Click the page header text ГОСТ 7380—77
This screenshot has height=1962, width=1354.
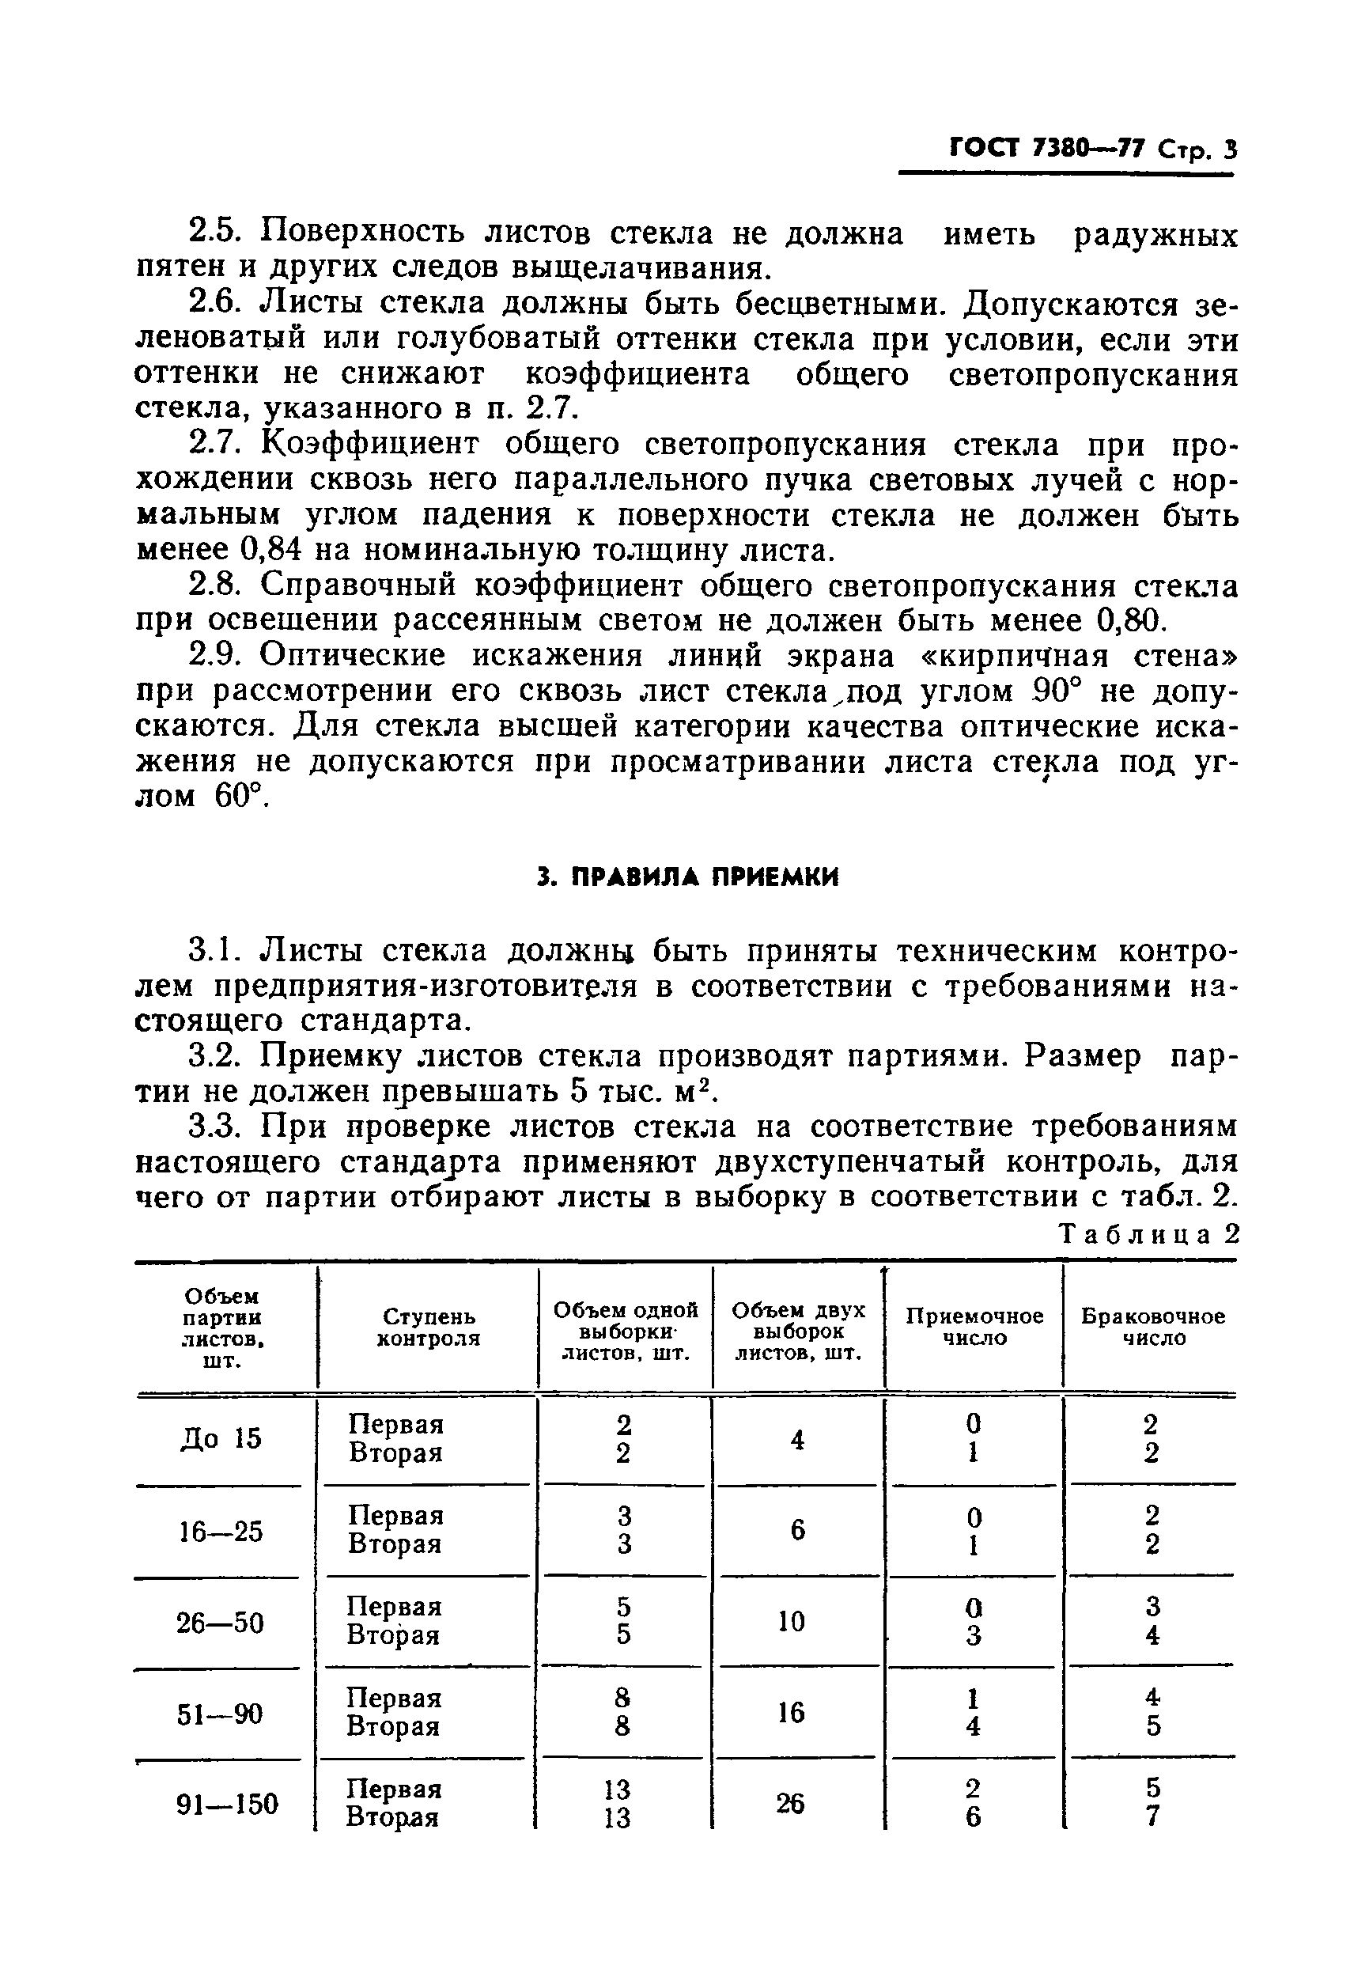pyautogui.click(x=1046, y=150)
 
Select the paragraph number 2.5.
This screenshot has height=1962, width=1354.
pyautogui.click(x=214, y=233)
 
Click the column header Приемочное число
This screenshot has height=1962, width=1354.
pyautogui.click(x=974, y=1328)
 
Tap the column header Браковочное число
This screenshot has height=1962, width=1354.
pyautogui.click(x=1152, y=1328)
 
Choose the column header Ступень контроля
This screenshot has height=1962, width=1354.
pyautogui.click(x=429, y=1328)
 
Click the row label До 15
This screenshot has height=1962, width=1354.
pyautogui.click(x=221, y=1439)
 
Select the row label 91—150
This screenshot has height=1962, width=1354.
pyautogui.click(x=227, y=1802)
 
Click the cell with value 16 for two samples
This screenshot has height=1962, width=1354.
pyautogui.click(x=791, y=1713)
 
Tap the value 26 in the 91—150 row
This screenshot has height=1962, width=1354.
pyautogui.click(x=791, y=1803)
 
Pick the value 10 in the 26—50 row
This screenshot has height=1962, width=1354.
pyautogui.click(x=791, y=1622)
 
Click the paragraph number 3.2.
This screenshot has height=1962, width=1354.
pyautogui.click(x=214, y=1056)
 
